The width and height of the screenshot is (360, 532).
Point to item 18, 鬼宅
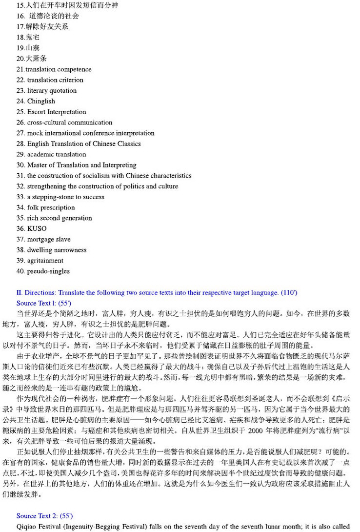[x=28, y=37]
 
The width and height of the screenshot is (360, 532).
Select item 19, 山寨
[x=28, y=48]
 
